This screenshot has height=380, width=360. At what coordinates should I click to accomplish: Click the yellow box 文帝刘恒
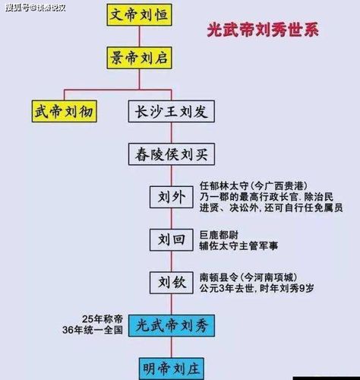pos(139,14)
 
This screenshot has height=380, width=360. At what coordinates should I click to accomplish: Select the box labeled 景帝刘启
pos(139,58)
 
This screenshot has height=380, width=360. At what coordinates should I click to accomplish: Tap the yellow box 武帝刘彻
pos(65,111)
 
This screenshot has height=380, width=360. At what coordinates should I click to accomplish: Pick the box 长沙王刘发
pos(172,111)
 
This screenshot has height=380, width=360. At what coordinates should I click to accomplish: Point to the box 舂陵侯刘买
pos(172,154)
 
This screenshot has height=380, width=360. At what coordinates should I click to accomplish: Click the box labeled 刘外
pos(172,197)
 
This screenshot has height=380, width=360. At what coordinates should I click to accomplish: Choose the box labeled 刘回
pos(172,240)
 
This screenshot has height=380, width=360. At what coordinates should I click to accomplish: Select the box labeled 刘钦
pos(172,283)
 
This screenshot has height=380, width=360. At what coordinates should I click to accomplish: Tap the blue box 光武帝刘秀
pos(172,326)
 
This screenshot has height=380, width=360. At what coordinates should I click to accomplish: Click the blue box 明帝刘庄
pos(172,369)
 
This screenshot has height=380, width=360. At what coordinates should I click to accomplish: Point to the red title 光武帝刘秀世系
pos(263,30)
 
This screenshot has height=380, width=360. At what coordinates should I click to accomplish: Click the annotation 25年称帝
pos(103,319)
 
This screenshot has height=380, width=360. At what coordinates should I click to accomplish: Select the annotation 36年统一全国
pos(93,330)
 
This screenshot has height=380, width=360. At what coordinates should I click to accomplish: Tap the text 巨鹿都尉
pos(219,235)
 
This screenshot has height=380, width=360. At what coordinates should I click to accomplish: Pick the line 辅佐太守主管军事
pos(238,245)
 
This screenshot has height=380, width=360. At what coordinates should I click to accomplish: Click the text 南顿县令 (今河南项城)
pos(248,277)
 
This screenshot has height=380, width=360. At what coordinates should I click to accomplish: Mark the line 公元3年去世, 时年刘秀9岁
pos(257,289)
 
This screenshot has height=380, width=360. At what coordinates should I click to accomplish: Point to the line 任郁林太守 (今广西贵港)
pos(254,186)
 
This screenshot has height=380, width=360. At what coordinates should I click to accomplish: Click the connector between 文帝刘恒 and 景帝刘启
pos(139,36)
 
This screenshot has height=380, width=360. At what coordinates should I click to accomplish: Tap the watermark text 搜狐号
pos(17,8)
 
